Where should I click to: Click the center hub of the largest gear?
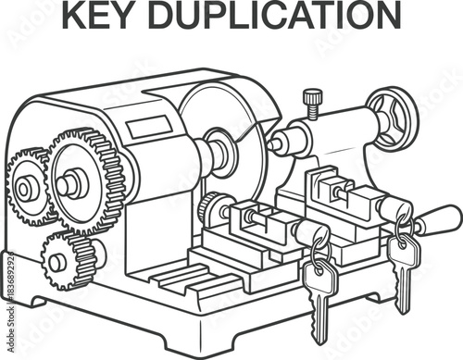click(71, 182)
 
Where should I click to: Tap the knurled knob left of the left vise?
click(209, 209)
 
